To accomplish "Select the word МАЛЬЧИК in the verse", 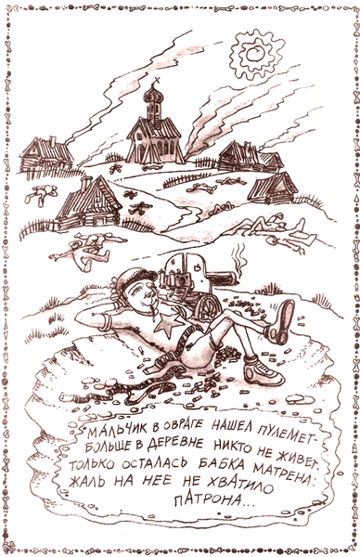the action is [x=113, y=433].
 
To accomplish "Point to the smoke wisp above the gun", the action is [x=238, y=253].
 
